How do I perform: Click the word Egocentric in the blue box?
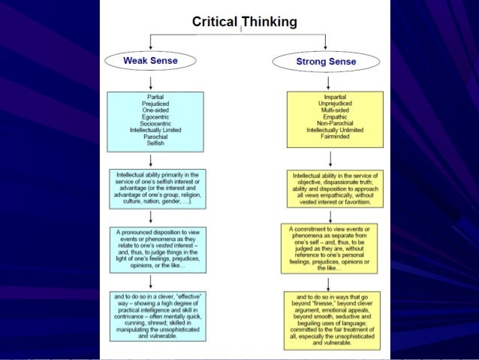[151, 117]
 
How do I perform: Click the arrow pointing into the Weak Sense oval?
[151, 41]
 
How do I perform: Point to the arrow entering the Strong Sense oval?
[325, 41]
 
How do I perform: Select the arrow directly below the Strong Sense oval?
[331, 81]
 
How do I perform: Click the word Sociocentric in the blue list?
[151, 123]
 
